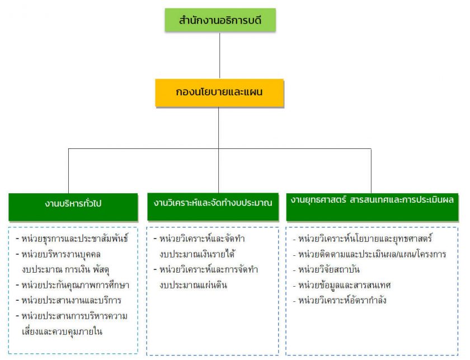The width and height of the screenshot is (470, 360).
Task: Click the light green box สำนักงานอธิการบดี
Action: point(220,21)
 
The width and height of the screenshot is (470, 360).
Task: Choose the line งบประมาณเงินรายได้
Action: point(196,254)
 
